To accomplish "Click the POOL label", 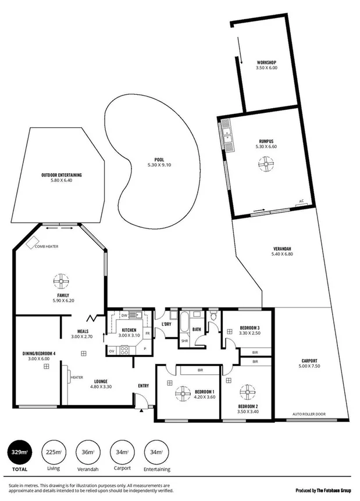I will pos(159,159).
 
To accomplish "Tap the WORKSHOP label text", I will pos(266,62).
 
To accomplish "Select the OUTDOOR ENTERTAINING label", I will pos(61,174).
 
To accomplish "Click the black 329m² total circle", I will pos(18,452).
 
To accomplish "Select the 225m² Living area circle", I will pos(53,452).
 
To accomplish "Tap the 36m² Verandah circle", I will pos(87,452).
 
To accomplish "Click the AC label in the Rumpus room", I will pos(301,201).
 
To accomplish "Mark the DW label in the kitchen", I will pos(124,315).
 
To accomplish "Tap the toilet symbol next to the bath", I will pos(213,317).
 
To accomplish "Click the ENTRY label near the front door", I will pos(143,385).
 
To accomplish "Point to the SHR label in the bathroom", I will pos(184,341).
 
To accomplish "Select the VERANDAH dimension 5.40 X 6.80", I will pos(283,254).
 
